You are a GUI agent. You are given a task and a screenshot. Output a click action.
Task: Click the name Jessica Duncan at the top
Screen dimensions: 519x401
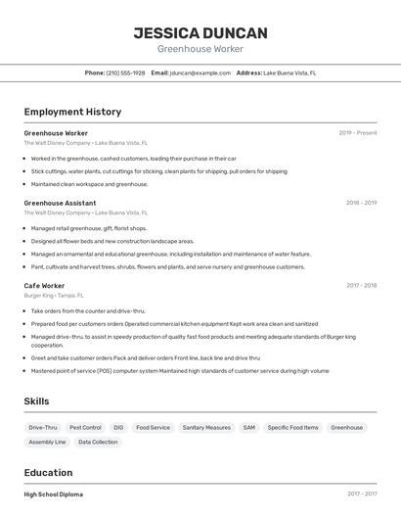coord(200,32)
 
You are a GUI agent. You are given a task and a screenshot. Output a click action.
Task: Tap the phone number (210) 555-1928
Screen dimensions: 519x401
coord(125,72)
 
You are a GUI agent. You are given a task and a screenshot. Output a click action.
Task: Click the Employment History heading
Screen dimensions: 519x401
coord(72,112)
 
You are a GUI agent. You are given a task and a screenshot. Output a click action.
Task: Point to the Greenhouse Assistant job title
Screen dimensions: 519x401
coord(60,203)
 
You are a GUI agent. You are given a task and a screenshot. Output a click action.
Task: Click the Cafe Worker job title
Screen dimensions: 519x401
coord(44,286)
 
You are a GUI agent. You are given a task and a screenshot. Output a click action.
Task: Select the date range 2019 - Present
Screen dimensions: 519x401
coord(357,132)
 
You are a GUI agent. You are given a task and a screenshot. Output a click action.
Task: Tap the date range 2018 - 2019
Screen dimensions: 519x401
coord(361,203)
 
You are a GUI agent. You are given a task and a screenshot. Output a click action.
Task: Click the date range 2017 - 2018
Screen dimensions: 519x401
coord(361,286)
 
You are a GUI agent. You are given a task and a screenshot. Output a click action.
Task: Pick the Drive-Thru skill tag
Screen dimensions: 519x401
coord(43,427)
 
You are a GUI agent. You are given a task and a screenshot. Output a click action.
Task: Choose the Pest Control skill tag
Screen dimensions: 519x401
coord(85,427)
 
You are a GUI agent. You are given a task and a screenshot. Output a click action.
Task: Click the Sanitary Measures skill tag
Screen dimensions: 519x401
coord(206,427)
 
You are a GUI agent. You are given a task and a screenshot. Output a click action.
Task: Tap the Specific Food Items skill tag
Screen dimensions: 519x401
coord(292,427)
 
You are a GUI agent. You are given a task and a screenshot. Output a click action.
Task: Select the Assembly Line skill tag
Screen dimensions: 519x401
coord(47,442)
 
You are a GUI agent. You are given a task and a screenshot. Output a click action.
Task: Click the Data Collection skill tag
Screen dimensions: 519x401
coord(98,442)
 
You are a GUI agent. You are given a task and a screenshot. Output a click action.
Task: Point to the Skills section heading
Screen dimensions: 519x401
coord(36,401)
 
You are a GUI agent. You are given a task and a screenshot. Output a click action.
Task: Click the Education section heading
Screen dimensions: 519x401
coord(48,472)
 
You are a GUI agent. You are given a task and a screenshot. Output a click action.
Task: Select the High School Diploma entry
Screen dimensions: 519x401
coord(54,495)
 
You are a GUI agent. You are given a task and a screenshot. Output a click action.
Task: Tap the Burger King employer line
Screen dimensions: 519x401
coord(54,295)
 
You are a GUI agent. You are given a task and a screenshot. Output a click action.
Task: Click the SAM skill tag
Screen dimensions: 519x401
coord(249,427)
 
